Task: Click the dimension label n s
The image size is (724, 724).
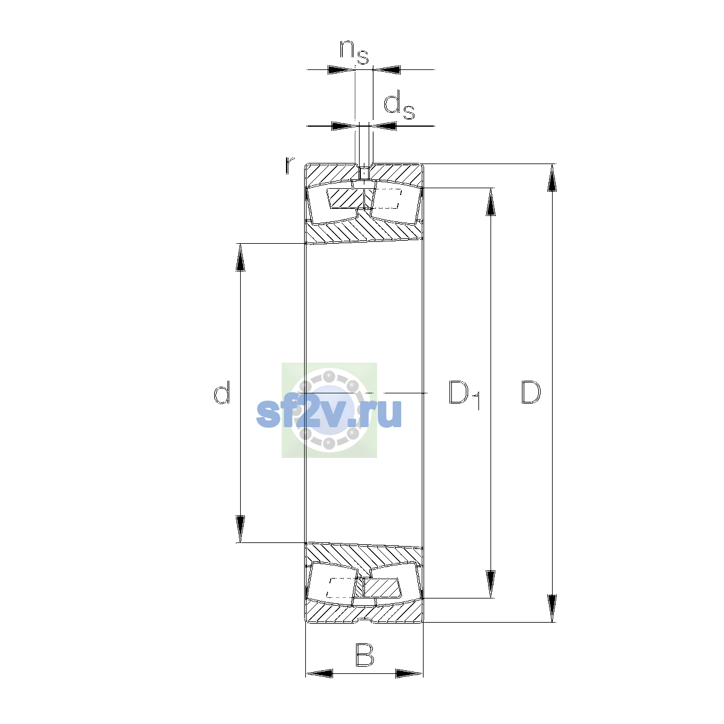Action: click(354, 52)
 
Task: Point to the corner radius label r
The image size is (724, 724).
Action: click(290, 166)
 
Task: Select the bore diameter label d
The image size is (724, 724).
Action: click(221, 392)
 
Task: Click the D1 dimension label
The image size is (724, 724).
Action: click(465, 395)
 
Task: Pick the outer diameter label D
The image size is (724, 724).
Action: click(531, 392)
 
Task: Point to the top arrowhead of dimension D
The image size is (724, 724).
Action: click(551, 178)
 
